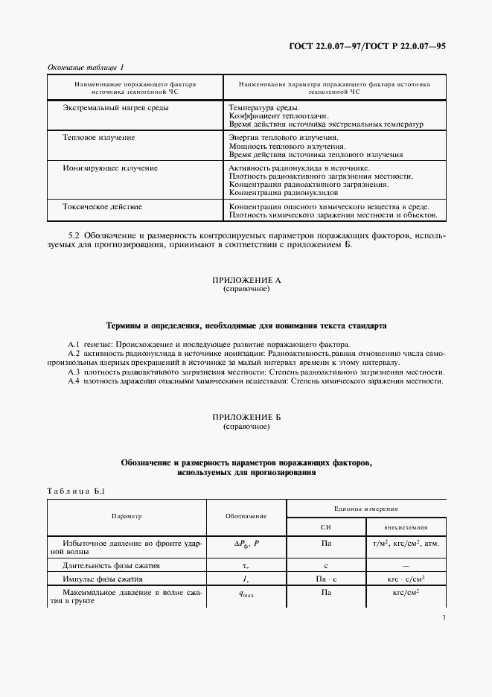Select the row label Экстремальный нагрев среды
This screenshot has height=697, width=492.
pos(115,108)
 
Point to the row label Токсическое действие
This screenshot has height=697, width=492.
pos(103,206)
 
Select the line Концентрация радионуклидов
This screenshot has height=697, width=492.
pos(275,192)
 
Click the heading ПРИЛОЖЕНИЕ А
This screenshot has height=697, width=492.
pos(246,280)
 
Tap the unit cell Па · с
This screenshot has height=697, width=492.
pos(325,579)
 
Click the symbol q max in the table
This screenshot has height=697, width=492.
pos(246,593)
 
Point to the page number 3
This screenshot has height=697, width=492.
pos(444,617)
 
